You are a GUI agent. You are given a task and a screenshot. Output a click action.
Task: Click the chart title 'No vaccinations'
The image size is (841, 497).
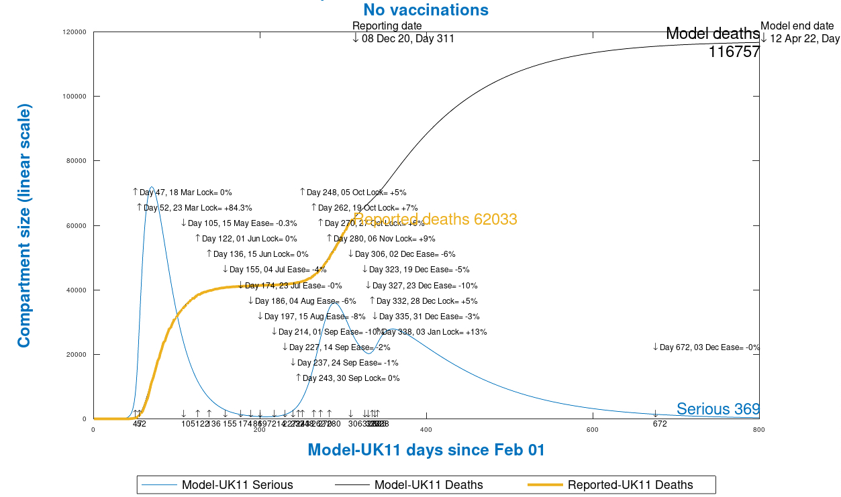[426, 10]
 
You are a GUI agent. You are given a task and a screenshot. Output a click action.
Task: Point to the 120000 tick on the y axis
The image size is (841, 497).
[75, 32]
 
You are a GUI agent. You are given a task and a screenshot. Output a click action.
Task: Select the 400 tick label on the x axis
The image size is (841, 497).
[426, 429]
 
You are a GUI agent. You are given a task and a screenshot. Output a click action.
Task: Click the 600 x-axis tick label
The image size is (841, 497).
[592, 429]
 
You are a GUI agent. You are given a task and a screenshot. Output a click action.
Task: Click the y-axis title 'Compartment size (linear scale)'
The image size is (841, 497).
[24, 225]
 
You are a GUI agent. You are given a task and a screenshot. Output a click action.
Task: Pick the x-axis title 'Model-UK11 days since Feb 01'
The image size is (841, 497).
[426, 450]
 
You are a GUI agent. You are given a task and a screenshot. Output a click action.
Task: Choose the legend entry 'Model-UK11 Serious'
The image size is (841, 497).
[237, 485]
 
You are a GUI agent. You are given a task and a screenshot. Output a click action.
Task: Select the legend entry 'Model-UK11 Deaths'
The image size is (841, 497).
[428, 485]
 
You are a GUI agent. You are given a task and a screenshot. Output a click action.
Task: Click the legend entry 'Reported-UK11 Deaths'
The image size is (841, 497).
[630, 485]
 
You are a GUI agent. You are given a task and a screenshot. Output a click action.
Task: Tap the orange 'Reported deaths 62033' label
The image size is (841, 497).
[435, 219]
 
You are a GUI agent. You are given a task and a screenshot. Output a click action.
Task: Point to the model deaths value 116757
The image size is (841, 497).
[734, 52]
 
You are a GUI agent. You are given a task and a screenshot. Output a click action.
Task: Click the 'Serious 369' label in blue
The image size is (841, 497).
[718, 409]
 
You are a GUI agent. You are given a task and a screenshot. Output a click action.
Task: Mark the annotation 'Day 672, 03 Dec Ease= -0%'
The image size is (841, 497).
[709, 347]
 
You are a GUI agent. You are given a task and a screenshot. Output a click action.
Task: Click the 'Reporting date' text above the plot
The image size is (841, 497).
[387, 26]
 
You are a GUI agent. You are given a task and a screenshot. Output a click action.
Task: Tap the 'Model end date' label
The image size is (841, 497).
[797, 26]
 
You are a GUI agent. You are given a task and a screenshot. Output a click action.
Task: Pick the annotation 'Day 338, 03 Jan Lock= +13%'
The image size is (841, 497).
[434, 332]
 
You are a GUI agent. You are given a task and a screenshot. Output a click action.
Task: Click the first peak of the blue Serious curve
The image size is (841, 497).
[152, 187]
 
